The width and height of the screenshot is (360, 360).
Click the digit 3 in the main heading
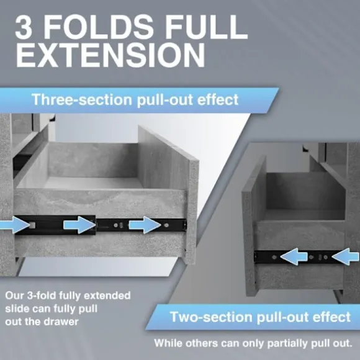tap(24, 27)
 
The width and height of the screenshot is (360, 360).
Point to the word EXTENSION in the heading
tap(110, 55)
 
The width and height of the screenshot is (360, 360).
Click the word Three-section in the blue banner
tap(82, 99)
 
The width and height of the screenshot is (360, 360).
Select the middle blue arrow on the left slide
tap(79, 225)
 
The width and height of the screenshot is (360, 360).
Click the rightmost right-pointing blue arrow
tap(145, 225)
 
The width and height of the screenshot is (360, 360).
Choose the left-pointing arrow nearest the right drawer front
tap(294, 256)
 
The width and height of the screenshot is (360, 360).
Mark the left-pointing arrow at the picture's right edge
tap(346, 256)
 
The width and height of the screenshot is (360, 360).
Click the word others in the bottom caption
tap(202, 343)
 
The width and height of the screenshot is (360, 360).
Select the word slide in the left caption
tap(17, 308)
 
